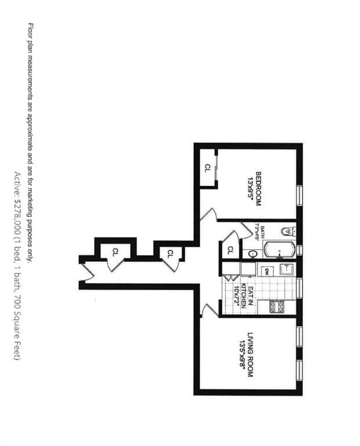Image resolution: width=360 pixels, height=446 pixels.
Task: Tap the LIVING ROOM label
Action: tap(251, 355)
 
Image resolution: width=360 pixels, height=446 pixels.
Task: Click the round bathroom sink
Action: tap(253, 254)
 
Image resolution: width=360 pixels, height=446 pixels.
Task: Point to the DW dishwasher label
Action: tap(267, 271)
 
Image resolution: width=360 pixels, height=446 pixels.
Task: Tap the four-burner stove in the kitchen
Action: tap(277, 306)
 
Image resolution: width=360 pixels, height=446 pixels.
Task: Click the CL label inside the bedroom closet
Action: tap(207, 168)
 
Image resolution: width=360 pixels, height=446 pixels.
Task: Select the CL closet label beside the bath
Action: tap(230, 250)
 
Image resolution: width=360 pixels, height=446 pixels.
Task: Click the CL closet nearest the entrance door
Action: tap(115, 251)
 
